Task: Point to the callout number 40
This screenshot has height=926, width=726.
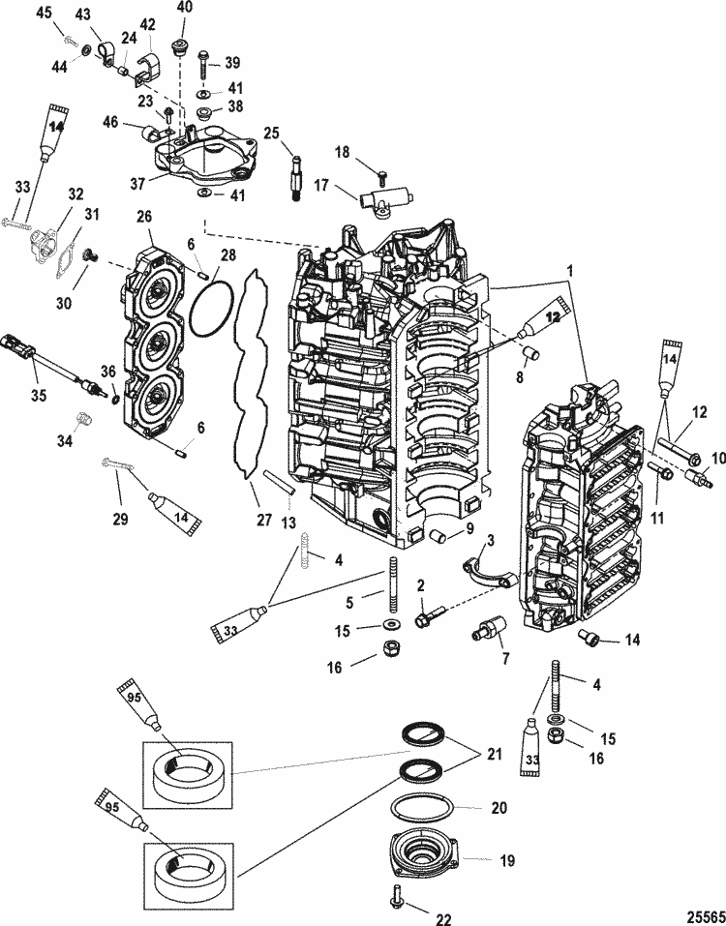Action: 184,9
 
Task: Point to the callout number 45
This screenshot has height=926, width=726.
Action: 44,13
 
